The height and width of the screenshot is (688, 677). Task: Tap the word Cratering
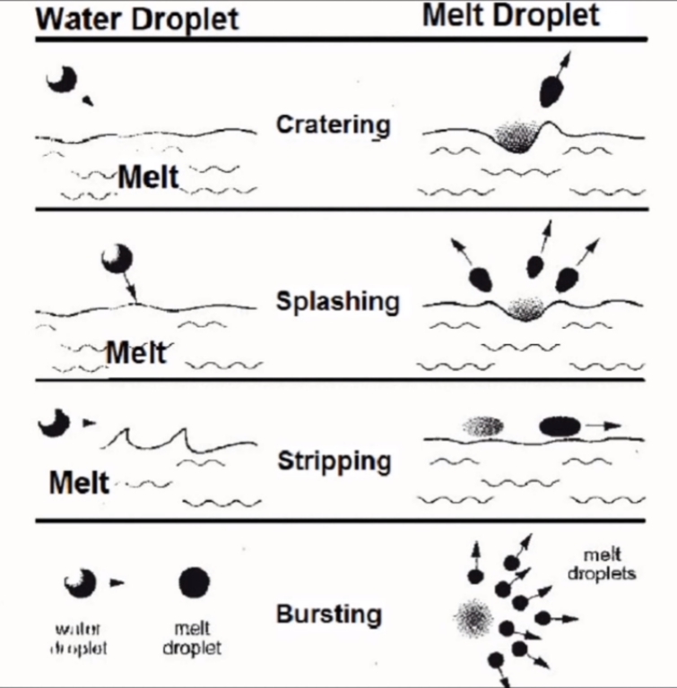point(333,124)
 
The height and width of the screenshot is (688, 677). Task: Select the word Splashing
point(337,301)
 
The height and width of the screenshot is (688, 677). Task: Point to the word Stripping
point(334,462)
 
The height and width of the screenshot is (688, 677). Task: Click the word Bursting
point(329,615)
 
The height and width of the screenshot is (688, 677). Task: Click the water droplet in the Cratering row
point(61,81)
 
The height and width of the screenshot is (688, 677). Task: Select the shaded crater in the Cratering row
point(517,136)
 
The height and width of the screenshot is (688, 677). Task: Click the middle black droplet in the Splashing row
point(535,266)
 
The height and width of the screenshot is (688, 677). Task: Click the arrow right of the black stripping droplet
point(606,426)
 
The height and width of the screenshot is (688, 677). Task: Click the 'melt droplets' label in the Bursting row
point(602,564)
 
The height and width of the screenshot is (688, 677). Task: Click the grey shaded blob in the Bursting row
point(473,616)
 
